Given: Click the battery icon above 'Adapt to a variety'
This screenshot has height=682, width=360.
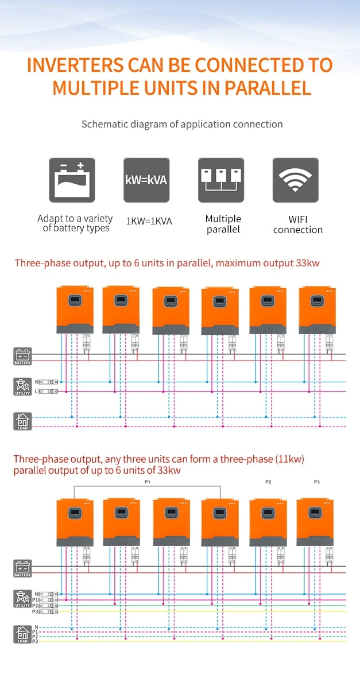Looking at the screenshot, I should click(x=72, y=180).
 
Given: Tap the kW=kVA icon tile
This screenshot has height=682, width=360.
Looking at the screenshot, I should click(x=146, y=180).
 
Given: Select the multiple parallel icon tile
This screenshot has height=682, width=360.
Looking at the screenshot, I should click(x=221, y=180).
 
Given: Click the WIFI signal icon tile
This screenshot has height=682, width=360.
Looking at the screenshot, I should click(x=295, y=180).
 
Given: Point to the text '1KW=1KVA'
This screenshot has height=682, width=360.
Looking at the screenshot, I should click(x=149, y=220).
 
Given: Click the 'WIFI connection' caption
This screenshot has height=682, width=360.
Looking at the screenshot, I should click(x=297, y=224).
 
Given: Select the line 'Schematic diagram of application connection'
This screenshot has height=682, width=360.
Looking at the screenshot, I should click(x=182, y=124).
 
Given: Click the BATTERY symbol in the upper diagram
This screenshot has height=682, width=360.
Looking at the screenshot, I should click(x=23, y=356).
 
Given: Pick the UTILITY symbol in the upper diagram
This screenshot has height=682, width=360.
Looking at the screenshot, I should click(x=23, y=386).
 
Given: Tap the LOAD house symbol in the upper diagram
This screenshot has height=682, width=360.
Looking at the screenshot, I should click(x=23, y=421).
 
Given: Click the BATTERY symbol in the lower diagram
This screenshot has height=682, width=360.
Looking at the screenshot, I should click(x=23, y=568).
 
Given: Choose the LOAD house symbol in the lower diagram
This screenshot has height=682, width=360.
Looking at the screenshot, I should click(x=23, y=634).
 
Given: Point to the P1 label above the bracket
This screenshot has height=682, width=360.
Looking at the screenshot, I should click(x=147, y=482).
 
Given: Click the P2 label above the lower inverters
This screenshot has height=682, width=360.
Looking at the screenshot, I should click(x=268, y=482).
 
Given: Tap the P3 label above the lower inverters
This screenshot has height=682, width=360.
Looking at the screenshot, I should click(x=316, y=482).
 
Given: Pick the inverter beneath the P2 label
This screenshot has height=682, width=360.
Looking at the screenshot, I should click(x=268, y=522).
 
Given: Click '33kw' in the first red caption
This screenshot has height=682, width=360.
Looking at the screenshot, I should click(x=308, y=263).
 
